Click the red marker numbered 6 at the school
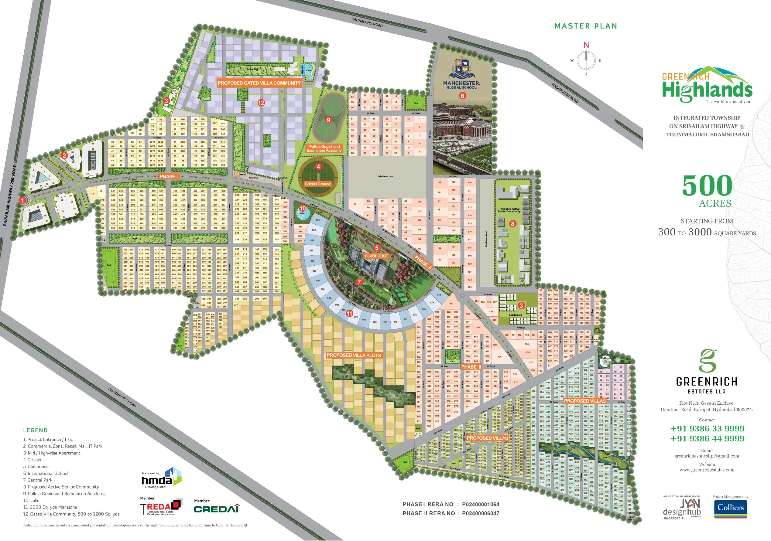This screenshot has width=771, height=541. pyautogui.click(x=462, y=96)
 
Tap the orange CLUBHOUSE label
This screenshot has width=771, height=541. pyautogui.click(x=376, y=256)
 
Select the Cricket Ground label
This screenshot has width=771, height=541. pyautogui.click(x=318, y=184)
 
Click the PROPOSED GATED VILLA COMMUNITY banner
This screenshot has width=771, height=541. pyautogui.click(x=259, y=83)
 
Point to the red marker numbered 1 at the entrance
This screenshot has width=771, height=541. pyautogui.click(x=22, y=200)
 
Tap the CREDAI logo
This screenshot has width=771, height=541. pyautogui.click(x=217, y=509)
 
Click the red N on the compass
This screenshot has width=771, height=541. pyautogui.click(x=586, y=45)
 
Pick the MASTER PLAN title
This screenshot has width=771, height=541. pyautogui.click(x=586, y=26)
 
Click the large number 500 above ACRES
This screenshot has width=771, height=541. pyautogui.click(x=707, y=185)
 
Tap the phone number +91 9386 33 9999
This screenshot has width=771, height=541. pyautogui.click(x=707, y=429)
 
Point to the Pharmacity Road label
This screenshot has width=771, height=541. pyautogui.click(x=122, y=397)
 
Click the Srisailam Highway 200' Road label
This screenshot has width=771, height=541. pyautogui.click(x=10, y=195)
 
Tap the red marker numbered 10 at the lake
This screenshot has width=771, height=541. pyautogui.click(x=303, y=208)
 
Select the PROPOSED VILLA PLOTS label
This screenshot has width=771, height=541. pyautogui.click(x=354, y=355)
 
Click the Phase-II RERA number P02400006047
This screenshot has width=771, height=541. pyautogui.click(x=481, y=513)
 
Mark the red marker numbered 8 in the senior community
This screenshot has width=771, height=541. pyautogui.click(x=512, y=223)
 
